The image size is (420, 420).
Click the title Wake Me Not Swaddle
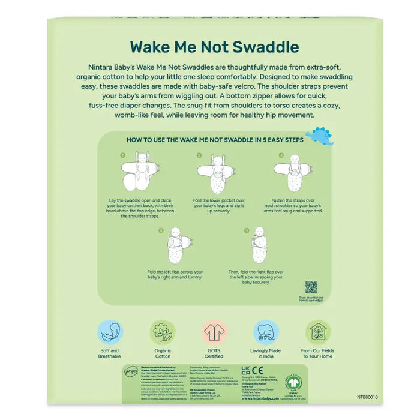[x=214, y=46]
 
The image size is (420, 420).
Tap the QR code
[x=311, y=286]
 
